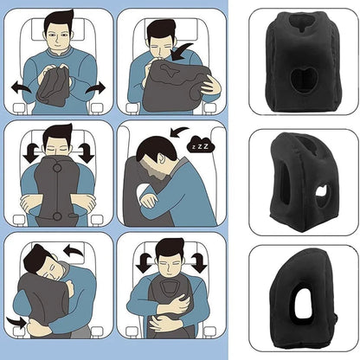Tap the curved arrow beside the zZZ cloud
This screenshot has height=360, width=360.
pyautogui.click(x=179, y=132)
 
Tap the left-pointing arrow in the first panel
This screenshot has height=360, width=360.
pyautogui.click(x=17, y=87)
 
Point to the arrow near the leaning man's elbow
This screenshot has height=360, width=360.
pyautogui.click(x=16, y=321)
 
